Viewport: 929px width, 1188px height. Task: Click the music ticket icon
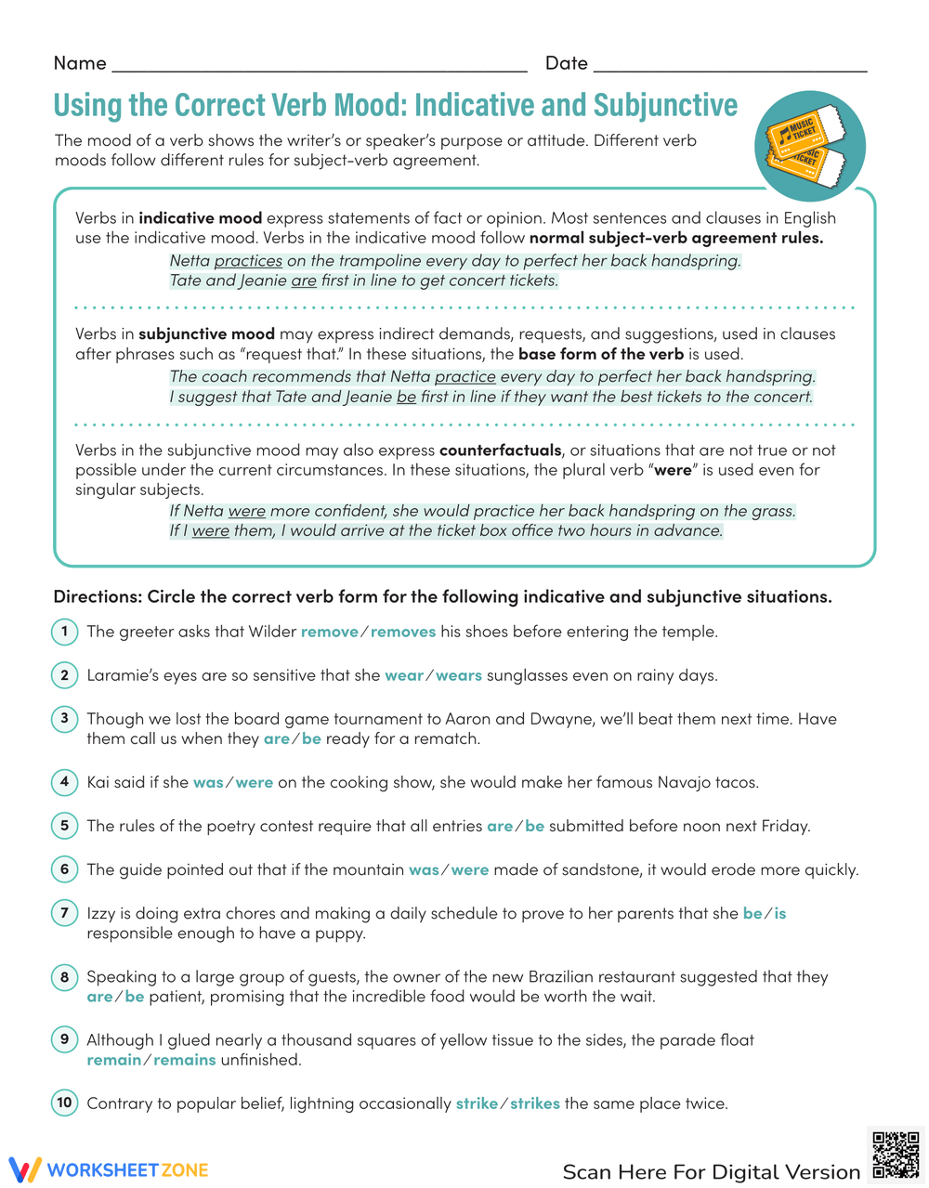point(809,146)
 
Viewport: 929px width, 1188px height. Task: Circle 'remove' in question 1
point(329,632)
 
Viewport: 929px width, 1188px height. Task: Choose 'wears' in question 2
point(459,675)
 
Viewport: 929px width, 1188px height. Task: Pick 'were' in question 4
point(255,782)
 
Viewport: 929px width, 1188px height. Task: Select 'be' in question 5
point(535,826)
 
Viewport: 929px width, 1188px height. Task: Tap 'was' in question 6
point(424,870)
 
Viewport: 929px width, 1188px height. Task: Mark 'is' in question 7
point(780,914)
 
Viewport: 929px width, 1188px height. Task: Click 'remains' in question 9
point(185,1060)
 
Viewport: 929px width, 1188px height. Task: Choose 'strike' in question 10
point(477,1103)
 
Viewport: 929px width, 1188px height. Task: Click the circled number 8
point(64,977)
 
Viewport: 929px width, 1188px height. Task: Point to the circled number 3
point(64,718)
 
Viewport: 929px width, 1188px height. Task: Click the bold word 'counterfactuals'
point(501,450)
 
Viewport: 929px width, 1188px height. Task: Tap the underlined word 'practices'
point(248,261)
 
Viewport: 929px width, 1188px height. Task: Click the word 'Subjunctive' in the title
point(665,105)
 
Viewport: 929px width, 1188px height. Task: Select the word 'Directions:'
point(98,596)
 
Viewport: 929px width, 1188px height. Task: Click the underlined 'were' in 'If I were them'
point(211,531)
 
